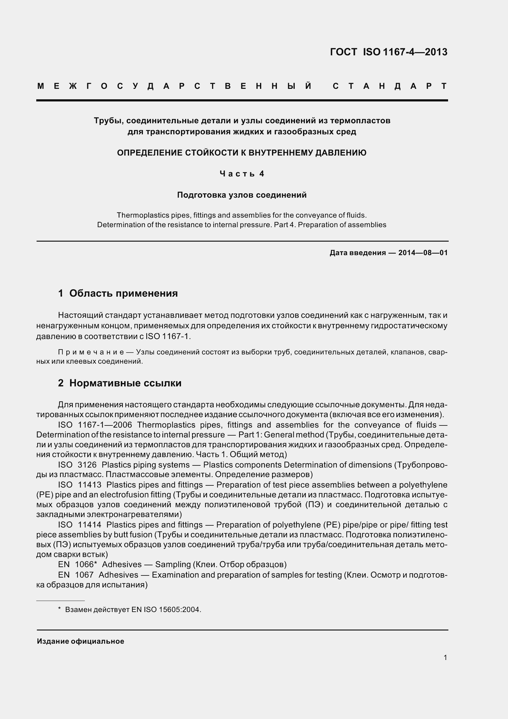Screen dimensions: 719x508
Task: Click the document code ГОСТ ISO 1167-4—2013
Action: point(388,52)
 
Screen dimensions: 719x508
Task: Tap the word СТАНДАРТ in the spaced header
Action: point(390,86)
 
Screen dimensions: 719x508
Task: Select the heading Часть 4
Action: point(242,174)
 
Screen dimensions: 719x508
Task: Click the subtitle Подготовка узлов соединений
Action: point(242,195)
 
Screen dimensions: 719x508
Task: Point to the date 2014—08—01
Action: point(423,253)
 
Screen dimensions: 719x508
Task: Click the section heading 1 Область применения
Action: point(118,294)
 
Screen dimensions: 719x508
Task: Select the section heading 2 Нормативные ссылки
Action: point(120,383)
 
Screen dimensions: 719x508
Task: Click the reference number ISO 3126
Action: point(77,465)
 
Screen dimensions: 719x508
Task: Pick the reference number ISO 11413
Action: point(80,485)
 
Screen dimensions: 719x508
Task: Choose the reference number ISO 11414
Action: point(80,524)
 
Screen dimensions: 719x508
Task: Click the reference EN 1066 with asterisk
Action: point(78,564)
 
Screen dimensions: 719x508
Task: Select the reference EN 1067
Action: point(76,575)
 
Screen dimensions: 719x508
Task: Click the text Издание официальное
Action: point(81,641)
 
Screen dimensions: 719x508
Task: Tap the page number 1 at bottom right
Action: point(445,658)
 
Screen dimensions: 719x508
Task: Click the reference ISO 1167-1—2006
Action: point(95,425)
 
